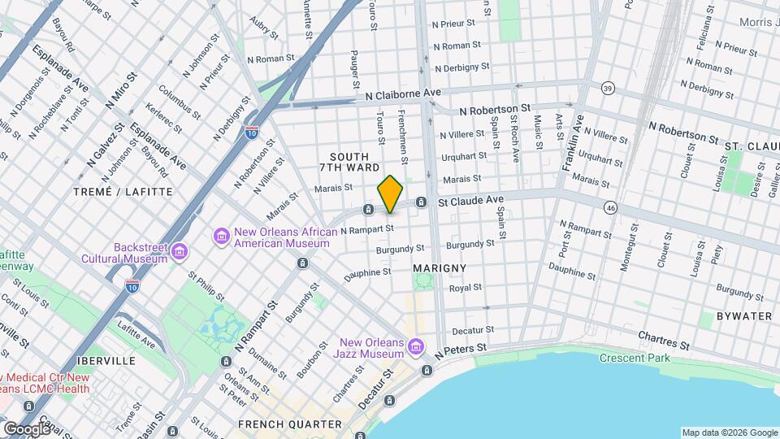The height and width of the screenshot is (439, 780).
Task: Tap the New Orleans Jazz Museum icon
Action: [416, 348]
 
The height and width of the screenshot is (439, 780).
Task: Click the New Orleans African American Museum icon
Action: [221, 236]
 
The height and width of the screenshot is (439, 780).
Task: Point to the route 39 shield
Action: [607, 88]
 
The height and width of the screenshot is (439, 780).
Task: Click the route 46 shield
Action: [610, 209]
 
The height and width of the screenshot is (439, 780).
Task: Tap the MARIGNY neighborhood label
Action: [439, 267]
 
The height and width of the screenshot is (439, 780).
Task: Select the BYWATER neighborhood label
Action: [743, 315]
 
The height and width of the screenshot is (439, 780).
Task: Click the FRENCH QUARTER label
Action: [290, 424]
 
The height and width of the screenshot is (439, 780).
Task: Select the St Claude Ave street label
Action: [472, 199]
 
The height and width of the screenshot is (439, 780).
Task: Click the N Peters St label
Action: [460, 350]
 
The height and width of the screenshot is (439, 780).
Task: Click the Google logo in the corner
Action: [27, 428]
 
